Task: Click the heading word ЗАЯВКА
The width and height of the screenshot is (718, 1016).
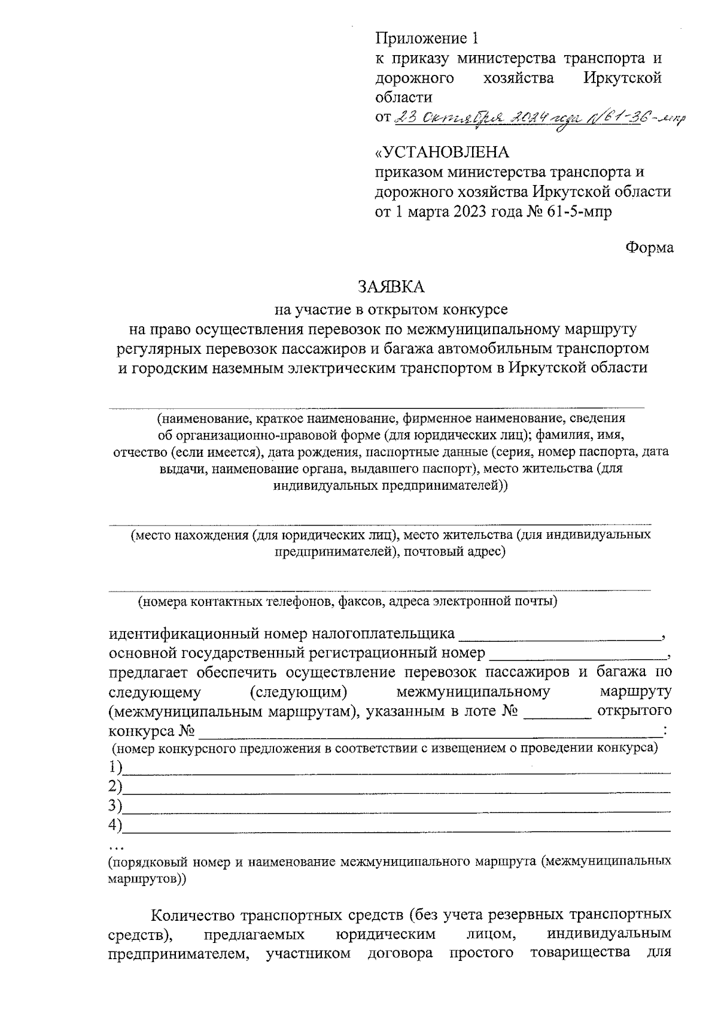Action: (x=391, y=287)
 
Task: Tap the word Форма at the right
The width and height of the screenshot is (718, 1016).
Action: (x=649, y=247)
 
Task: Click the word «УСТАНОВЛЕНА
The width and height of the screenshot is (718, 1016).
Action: (x=442, y=152)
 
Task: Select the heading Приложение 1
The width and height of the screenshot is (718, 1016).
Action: (x=427, y=40)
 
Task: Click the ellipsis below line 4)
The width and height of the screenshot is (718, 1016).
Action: (x=115, y=847)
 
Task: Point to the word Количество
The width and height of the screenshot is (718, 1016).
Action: (x=192, y=916)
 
